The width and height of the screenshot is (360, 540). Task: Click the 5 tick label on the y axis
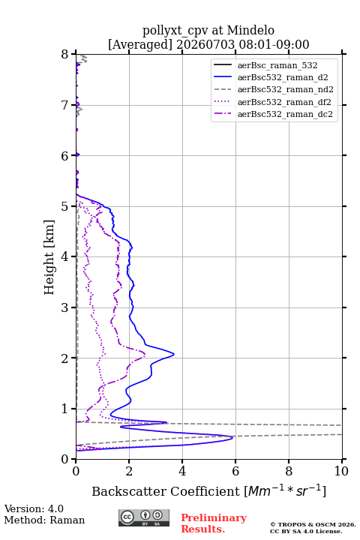pyautogui.click(x=64, y=206)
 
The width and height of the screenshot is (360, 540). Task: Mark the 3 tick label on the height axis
pyautogui.click(x=64, y=307)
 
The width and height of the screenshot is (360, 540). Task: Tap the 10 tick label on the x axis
pyautogui.click(x=341, y=471)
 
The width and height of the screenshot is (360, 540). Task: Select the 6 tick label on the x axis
pyautogui.click(x=235, y=471)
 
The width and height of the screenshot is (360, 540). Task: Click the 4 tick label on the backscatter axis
pyautogui.click(x=182, y=471)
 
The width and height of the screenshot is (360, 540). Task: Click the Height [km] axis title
pyautogui.click(x=49, y=257)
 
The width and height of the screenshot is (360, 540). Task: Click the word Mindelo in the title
pyautogui.click(x=250, y=30)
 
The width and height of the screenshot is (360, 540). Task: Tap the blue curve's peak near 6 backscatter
pyautogui.click(x=232, y=437)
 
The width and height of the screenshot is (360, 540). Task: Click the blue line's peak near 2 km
pyautogui.click(x=174, y=354)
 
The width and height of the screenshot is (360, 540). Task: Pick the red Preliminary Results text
pyautogui.click(x=214, y=523)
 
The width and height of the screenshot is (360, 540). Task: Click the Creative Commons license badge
pyautogui.click(x=144, y=517)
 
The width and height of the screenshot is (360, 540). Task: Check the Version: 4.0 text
pyautogui.click(x=34, y=508)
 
